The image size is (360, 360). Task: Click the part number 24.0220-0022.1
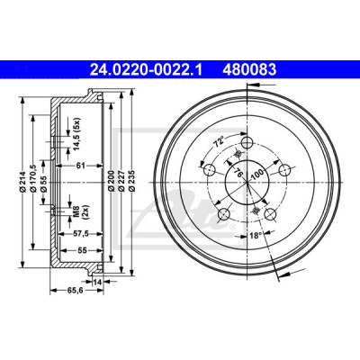click(x=147, y=70)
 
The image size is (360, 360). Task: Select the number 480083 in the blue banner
click(x=249, y=70)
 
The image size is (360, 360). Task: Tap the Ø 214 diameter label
click(x=22, y=182)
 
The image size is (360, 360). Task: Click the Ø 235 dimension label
click(x=131, y=181)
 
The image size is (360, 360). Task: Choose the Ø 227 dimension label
click(x=121, y=181)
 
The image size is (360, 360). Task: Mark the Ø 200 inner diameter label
click(x=111, y=181)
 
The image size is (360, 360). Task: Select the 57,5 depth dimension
click(x=81, y=234)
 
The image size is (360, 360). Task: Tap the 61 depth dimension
click(x=81, y=165)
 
